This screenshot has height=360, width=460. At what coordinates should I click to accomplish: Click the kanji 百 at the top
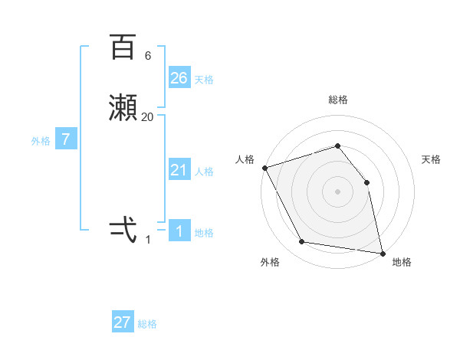click(123, 47)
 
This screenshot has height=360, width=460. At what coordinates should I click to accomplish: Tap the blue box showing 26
click(179, 77)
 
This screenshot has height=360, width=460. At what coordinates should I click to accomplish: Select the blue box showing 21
click(179, 170)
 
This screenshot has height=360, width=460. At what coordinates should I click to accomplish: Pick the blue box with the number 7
click(67, 139)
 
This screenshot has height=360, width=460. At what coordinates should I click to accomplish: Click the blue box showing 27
click(123, 322)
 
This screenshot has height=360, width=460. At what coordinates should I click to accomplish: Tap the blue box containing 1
click(179, 231)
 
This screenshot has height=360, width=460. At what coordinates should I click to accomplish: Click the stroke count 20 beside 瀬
click(147, 117)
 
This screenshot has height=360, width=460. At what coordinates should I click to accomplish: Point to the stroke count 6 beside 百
click(147, 56)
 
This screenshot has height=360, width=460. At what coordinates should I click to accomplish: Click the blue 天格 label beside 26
click(204, 79)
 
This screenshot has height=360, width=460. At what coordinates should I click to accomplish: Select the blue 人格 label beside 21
click(204, 172)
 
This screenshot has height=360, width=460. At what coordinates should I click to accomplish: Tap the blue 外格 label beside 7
click(41, 141)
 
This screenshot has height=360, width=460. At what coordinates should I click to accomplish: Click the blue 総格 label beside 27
click(147, 324)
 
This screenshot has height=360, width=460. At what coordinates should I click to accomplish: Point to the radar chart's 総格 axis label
click(337, 100)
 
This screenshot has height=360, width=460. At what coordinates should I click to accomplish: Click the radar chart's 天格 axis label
click(431, 159)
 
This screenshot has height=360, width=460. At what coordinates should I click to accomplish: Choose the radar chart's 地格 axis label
click(402, 262)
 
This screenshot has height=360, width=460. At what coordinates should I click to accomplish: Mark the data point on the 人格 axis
click(264, 168)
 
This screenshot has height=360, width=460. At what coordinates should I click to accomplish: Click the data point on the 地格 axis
click(382, 253)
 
